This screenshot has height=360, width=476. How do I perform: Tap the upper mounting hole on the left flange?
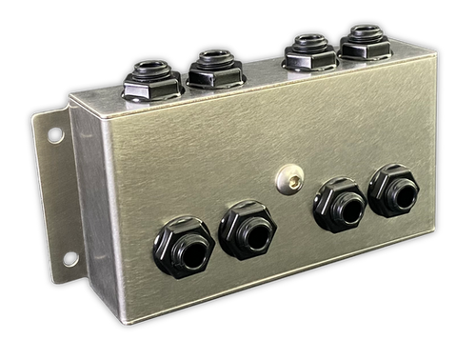click(x=55, y=135)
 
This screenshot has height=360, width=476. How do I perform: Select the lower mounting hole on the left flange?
click(x=69, y=258)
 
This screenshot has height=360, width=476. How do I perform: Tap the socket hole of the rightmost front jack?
click(x=401, y=196)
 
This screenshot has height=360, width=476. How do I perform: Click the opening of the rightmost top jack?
click(x=366, y=33)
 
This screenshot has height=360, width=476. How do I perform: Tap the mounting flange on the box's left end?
click(x=58, y=190)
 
